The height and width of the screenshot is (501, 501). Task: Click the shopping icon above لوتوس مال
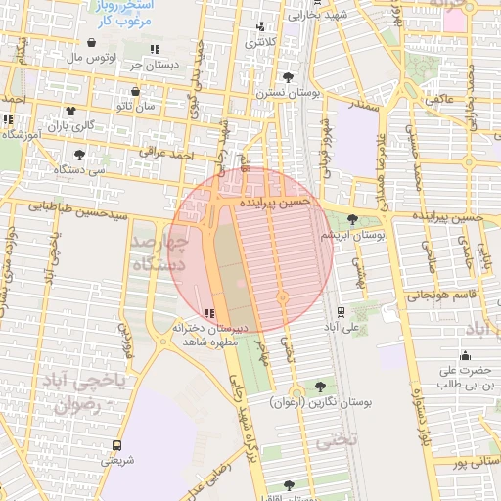91,43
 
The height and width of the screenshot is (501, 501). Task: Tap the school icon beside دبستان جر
155,49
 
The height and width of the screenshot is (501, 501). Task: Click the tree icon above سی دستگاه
79,154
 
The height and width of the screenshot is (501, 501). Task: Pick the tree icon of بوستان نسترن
287,77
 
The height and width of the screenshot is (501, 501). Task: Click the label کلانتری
260,42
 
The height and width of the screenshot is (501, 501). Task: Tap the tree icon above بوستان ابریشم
352,220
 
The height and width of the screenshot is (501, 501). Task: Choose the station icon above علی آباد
340,313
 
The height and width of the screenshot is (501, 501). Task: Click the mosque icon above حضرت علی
465,355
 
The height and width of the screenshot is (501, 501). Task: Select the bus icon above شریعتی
117,444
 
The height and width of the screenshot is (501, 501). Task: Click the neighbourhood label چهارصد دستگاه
160,251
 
